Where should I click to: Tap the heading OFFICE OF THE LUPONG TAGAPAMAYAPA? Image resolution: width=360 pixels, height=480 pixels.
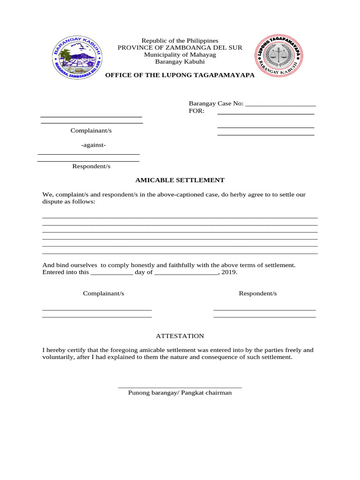click(180, 75)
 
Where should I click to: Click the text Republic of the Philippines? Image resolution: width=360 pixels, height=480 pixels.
click(180, 41)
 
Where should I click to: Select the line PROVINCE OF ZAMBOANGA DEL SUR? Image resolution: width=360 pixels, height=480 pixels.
click(180, 48)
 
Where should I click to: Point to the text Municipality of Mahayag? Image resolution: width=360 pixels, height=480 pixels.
click(180, 55)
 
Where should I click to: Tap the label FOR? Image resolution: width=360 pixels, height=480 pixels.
click(196, 111)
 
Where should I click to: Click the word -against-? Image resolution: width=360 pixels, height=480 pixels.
click(93, 145)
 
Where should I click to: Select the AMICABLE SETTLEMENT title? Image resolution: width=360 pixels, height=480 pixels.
click(180, 180)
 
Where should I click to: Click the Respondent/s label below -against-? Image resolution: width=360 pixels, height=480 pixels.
click(91, 166)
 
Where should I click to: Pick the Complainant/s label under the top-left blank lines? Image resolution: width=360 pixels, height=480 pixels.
click(91, 131)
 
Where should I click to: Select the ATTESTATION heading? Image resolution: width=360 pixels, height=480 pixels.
click(180, 336)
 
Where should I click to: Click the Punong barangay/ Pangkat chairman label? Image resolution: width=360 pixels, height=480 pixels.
click(180, 393)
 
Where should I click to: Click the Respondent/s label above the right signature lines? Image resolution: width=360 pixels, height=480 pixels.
click(258, 293)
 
